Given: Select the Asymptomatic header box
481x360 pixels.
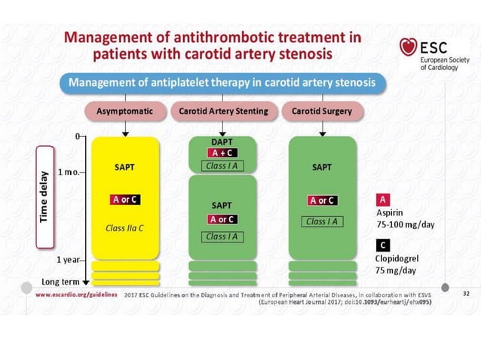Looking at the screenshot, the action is coord(124,111).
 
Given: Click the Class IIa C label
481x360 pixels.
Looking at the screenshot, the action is coord(125,226).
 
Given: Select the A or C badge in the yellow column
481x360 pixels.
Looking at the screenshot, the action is coord(125,200).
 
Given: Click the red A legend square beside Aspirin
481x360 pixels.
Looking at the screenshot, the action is coord(383,200).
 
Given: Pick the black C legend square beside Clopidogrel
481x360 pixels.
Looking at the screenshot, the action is coord(383,245).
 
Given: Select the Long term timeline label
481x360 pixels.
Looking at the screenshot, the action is coord(60,281).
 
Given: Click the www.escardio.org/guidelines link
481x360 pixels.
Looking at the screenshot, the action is coord(78,295).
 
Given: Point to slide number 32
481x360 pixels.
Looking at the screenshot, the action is coord(465,295).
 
